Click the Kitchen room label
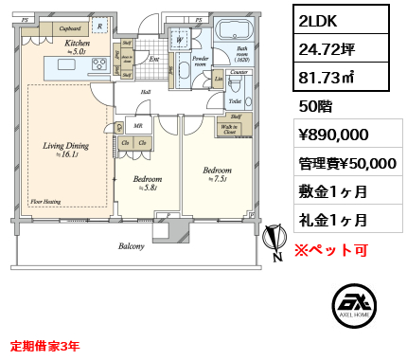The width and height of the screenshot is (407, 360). click(x=77, y=45)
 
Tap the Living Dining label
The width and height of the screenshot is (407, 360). click(x=65, y=146)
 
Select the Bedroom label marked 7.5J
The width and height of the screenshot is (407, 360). click(x=217, y=171)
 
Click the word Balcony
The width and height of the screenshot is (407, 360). click(x=132, y=246)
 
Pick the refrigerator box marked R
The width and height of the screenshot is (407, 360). click(x=101, y=28)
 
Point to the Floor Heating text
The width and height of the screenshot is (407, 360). click(x=47, y=201)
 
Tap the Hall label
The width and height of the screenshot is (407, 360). click(x=146, y=92)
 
